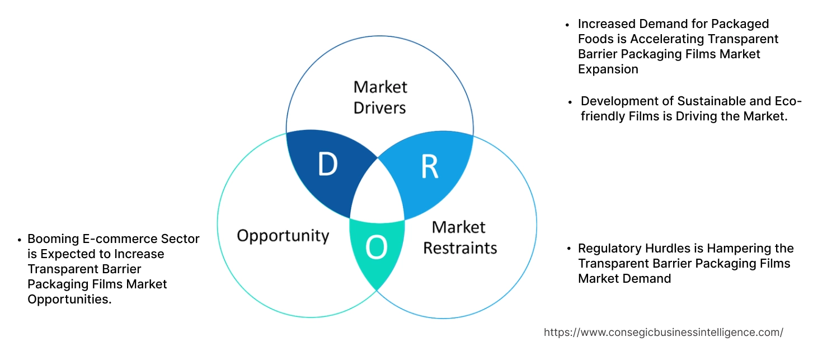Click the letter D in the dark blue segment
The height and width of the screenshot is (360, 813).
click(x=327, y=165)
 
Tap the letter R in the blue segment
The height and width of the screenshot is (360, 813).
click(x=429, y=166)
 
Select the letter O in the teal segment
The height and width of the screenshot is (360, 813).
click(x=377, y=248)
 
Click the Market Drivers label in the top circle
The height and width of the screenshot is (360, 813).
click(x=380, y=97)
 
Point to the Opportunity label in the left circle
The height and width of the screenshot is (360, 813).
click(x=283, y=235)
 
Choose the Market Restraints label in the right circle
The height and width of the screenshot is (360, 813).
click(x=459, y=237)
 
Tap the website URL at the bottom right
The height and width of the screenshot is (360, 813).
click(x=663, y=332)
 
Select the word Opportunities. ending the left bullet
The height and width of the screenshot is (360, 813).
click(x=69, y=299)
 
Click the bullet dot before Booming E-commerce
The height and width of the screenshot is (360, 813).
click(x=19, y=240)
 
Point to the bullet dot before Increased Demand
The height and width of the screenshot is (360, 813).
click(x=568, y=25)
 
